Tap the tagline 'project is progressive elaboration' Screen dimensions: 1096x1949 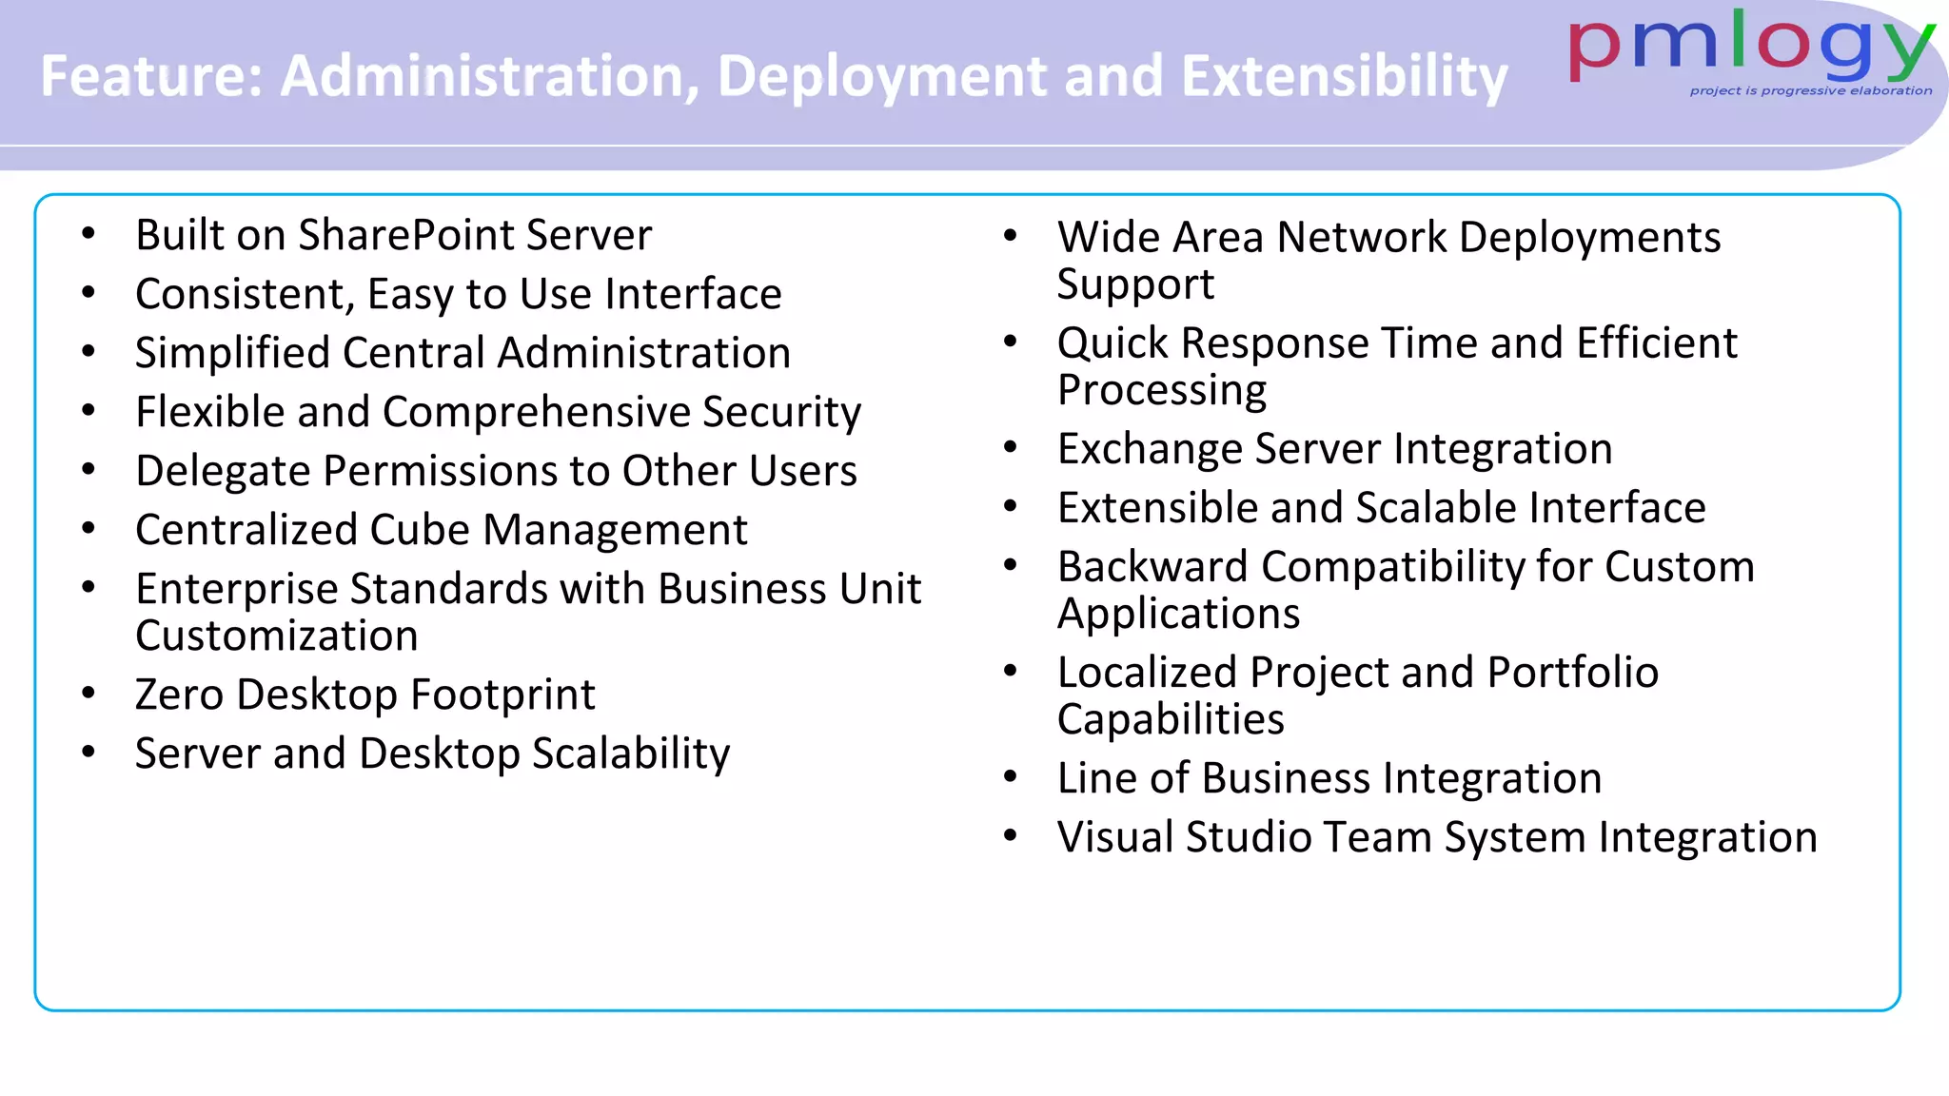pyautogui.click(x=1810, y=91)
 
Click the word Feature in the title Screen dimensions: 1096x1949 pyautogui.click(x=150, y=76)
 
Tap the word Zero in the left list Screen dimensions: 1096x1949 pyautogui.click(x=180, y=695)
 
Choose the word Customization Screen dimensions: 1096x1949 pyautogui.click(x=276, y=636)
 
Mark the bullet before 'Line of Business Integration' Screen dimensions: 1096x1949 pyautogui.click(x=1011, y=777)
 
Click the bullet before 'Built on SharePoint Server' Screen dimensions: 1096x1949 pyautogui.click(x=89, y=234)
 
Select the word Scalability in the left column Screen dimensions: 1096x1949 pyautogui.click(x=631, y=753)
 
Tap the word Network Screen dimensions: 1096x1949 pyautogui.click(x=1362, y=238)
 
